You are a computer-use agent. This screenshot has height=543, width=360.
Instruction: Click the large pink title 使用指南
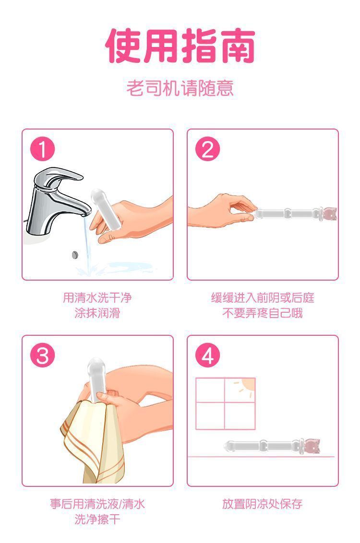pyautogui.click(x=180, y=46)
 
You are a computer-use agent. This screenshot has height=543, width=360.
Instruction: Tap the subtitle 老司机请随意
pyautogui.click(x=180, y=88)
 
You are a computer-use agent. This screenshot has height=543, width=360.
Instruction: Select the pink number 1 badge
pyautogui.click(x=43, y=150)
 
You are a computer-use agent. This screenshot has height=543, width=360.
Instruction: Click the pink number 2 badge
pyautogui.click(x=207, y=150)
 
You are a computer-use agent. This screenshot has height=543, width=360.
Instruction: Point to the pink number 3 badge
pyautogui.click(x=43, y=356)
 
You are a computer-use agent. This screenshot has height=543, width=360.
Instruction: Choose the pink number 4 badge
pyautogui.click(x=207, y=356)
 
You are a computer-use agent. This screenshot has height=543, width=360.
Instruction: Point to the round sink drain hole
pyautogui.click(x=74, y=254)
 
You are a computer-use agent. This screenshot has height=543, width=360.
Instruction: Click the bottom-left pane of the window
pyautogui.click(x=210, y=415)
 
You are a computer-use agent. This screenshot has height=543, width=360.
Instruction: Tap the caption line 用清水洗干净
pyautogui.click(x=97, y=298)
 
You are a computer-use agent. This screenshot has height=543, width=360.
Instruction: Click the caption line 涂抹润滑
pyautogui.click(x=97, y=314)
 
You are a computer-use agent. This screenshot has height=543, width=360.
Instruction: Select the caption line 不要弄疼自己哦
pyautogui.click(x=263, y=314)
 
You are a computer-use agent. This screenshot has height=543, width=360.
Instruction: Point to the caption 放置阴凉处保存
pyautogui.click(x=263, y=504)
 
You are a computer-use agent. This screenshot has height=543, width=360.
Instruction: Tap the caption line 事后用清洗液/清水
pyautogui.click(x=97, y=504)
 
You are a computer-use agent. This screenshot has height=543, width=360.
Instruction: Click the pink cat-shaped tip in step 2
pyautogui.click(x=329, y=213)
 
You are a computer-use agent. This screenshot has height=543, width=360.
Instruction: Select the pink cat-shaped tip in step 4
pyautogui.click(x=312, y=446)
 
